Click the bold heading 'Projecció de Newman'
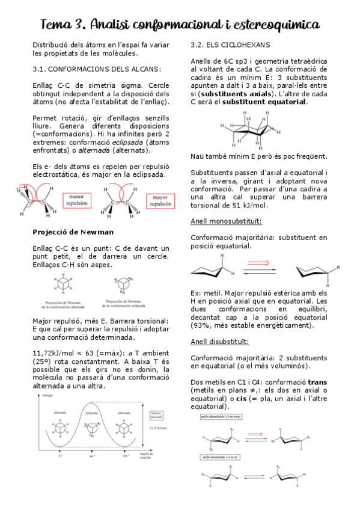point(73,232)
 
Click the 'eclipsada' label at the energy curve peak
point(91,413)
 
